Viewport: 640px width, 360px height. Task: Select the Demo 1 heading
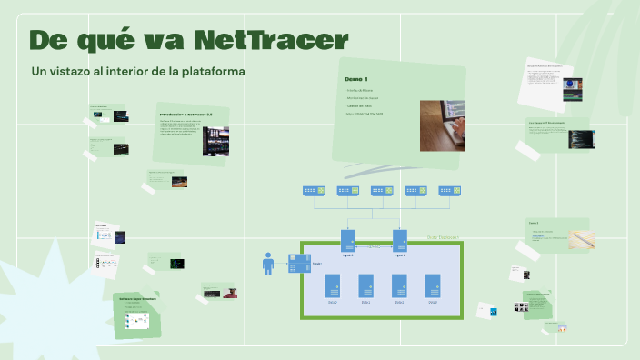355,79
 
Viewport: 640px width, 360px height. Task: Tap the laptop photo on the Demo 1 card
442,125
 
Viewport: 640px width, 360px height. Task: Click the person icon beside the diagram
268,263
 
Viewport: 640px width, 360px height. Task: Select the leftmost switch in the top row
314,191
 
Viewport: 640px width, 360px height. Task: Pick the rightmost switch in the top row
450,191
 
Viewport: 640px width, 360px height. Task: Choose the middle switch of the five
382,191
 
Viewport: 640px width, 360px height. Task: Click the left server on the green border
347,240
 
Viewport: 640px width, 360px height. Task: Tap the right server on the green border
399,240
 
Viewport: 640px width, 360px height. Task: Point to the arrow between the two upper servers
373,246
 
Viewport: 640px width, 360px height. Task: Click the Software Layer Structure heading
137,298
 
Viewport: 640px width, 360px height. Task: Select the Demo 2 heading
534,223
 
